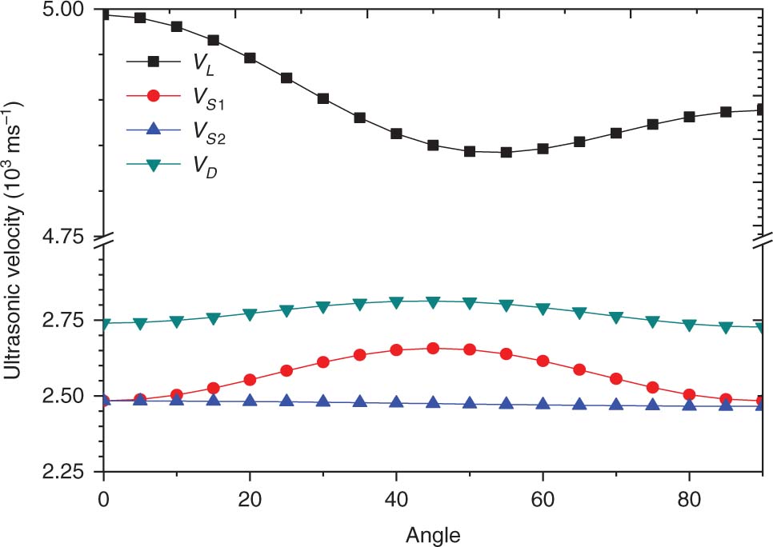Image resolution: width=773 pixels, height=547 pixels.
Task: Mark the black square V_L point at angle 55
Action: pos(506,152)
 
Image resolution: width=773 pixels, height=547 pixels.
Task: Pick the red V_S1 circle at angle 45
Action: pos(433,349)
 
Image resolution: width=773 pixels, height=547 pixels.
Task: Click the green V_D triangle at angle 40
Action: pos(396,302)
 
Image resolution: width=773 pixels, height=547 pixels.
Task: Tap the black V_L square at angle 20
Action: pos(250,58)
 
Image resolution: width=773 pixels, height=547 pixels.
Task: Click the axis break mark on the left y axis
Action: pos(103,238)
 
